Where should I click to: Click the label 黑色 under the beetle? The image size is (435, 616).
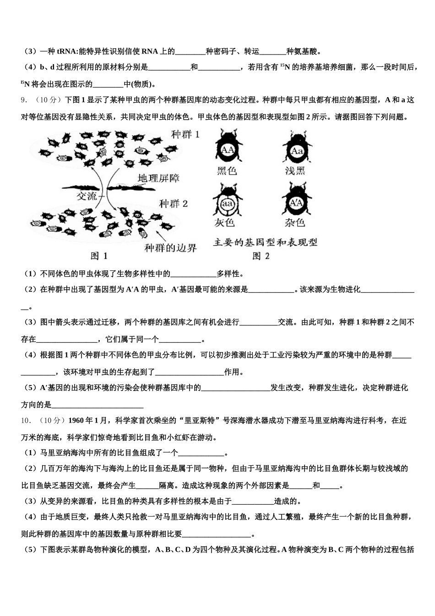[x=227, y=171]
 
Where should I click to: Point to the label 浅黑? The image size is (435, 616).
[x=295, y=171]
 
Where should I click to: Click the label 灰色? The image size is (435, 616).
[x=224, y=223]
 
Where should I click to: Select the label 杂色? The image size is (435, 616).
[x=295, y=223]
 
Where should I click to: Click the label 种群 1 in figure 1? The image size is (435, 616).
[x=185, y=135]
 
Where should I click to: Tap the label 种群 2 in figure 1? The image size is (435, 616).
[x=174, y=203]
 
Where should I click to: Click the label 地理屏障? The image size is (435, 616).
[x=159, y=178]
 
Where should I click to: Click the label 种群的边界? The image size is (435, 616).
[x=170, y=248]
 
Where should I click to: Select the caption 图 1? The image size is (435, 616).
[x=99, y=256]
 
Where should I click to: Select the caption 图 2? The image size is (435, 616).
[x=261, y=256]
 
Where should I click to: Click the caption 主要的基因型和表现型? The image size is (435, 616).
[x=265, y=242]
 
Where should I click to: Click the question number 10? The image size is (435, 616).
[x=26, y=420]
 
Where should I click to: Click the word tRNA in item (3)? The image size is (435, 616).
[x=67, y=51]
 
